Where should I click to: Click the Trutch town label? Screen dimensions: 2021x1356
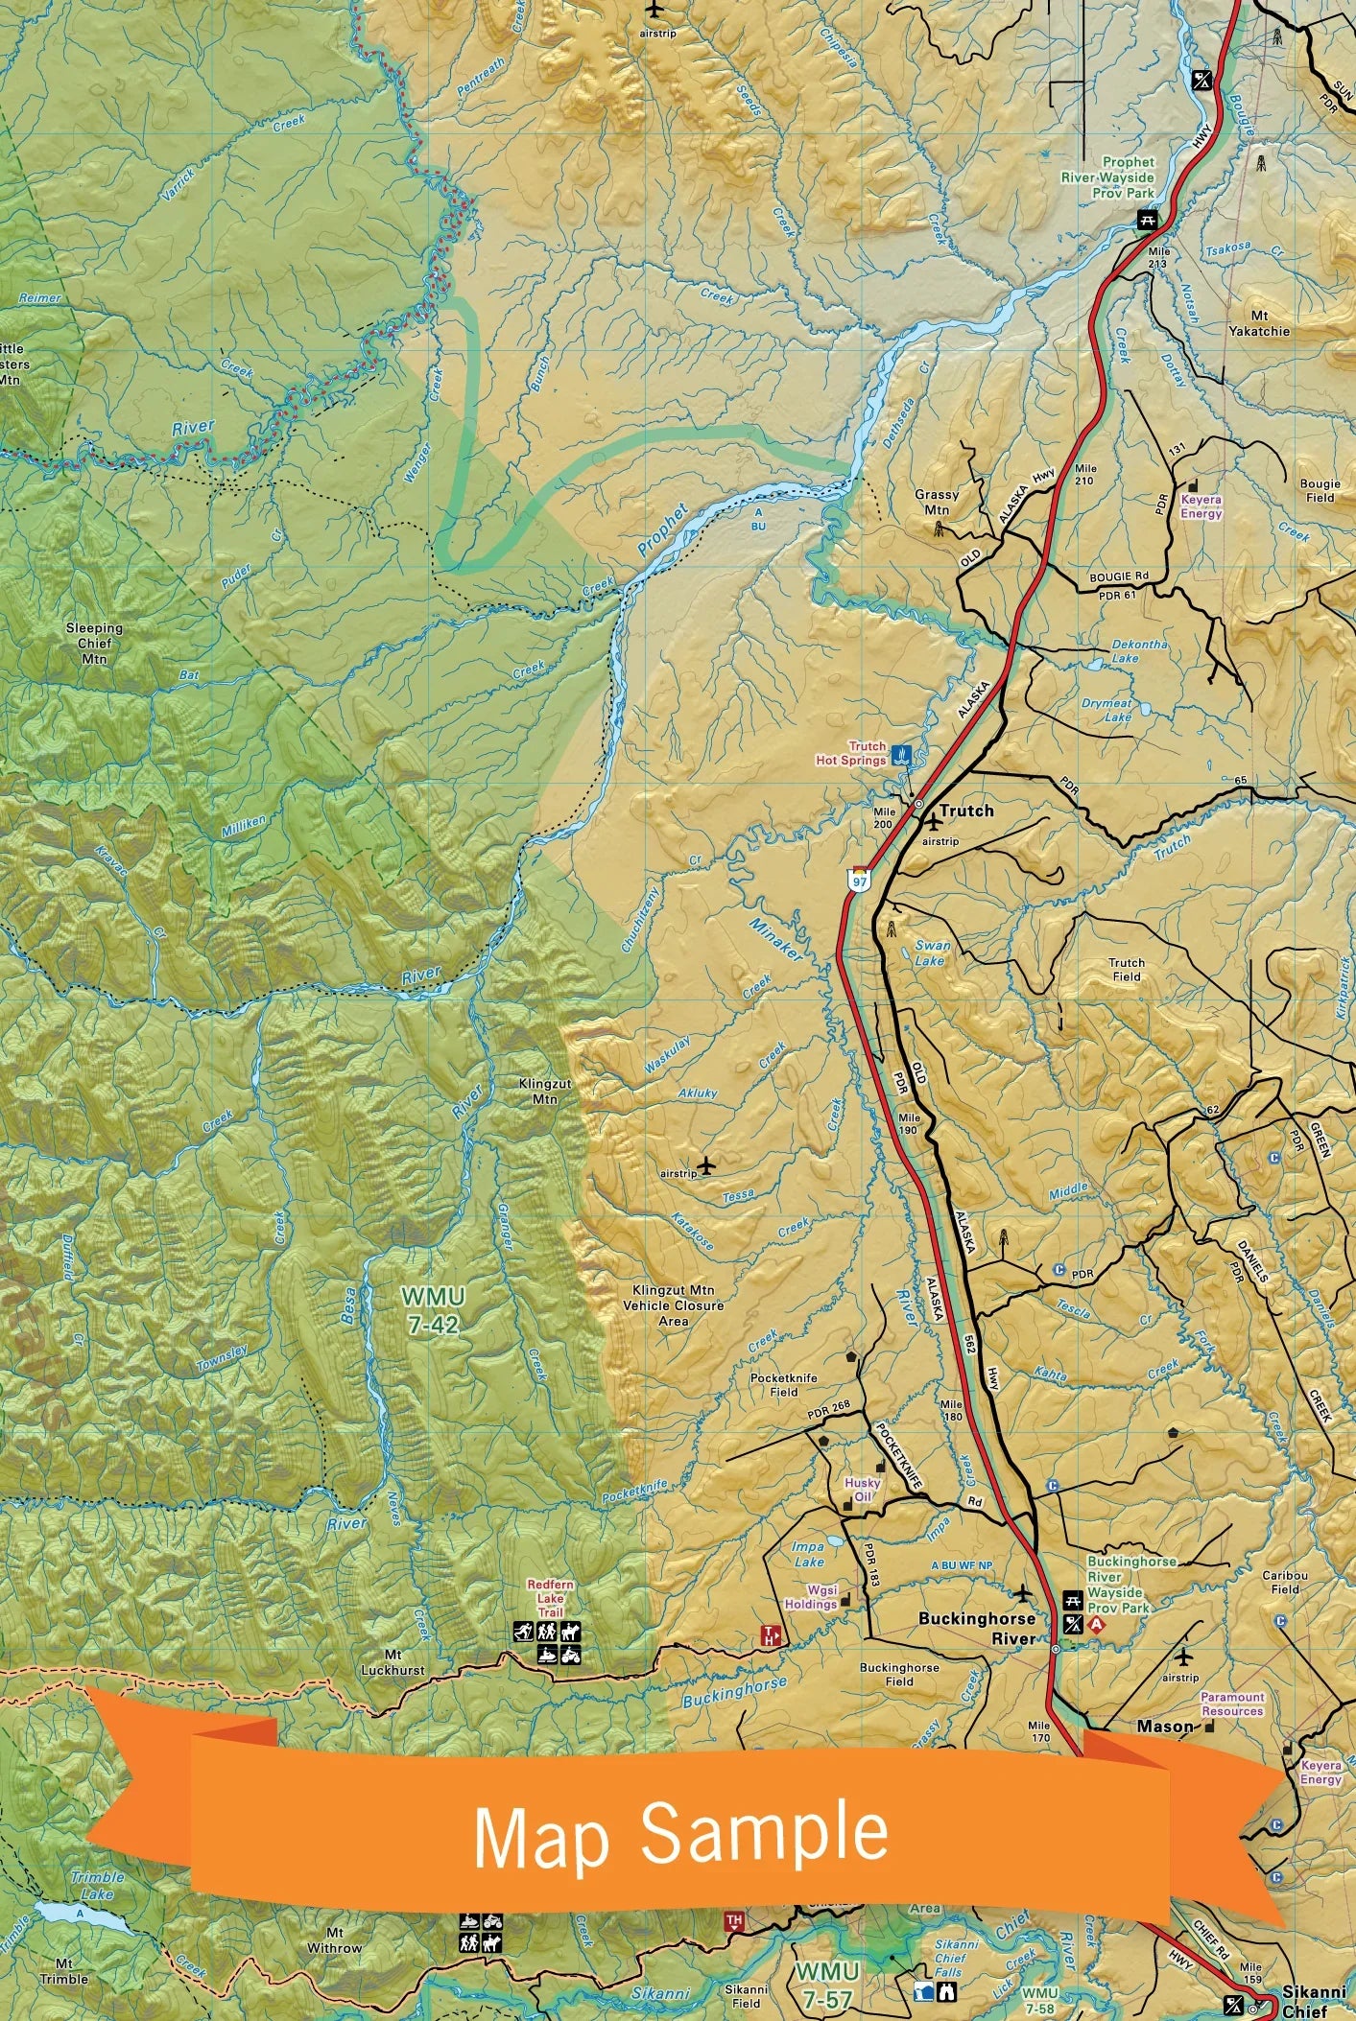coord(966,811)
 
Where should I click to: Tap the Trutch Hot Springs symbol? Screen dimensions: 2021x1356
coord(901,754)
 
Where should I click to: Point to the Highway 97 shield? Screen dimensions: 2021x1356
coord(860,876)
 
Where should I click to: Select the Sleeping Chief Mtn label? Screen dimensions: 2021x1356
coord(94,644)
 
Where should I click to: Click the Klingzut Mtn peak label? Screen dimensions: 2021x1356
coord(545,1091)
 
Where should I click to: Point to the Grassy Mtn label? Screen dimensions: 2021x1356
coord(937,502)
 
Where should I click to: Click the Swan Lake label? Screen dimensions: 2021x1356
coord(932,952)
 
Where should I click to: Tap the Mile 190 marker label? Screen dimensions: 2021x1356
coord(909,1123)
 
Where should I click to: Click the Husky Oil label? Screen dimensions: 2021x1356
coord(862,1490)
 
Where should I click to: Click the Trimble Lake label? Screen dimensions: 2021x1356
coord(97,1885)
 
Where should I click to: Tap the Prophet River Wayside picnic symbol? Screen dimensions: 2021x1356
coord(1145,220)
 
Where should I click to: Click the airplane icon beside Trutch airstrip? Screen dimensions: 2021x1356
coord(933,822)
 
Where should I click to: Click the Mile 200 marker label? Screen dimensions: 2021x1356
coord(883,818)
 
